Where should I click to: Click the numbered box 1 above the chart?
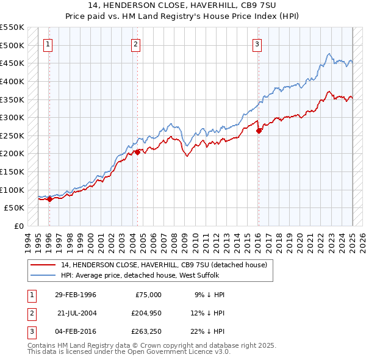click(48, 43)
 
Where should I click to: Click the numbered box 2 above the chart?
click(135, 43)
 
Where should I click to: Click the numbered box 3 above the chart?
click(257, 43)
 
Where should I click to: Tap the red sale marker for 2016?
click(259, 130)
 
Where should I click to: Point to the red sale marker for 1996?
click(49, 198)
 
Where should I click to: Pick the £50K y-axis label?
click(15, 207)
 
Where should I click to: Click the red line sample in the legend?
click(43, 265)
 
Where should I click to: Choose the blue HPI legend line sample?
click(43, 275)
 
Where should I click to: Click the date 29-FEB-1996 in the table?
click(75, 295)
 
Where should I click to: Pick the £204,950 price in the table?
click(145, 312)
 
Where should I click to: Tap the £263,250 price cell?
click(145, 331)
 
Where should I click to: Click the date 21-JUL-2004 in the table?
click(76, 312)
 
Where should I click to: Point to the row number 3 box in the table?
click(30, 331)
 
